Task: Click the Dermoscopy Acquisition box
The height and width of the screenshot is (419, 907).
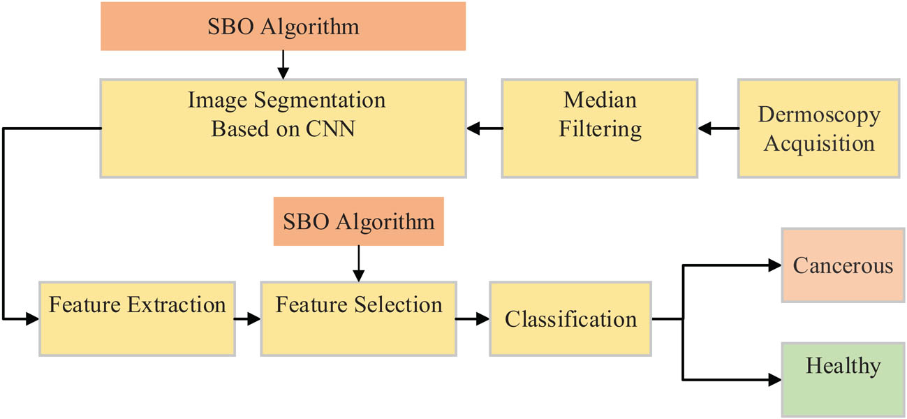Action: pos(818,128)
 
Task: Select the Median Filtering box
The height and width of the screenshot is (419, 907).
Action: pos(600,128)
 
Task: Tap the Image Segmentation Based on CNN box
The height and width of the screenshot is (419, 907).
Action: pos(283,128)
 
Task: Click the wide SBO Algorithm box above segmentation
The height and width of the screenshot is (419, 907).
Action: pos(283,27)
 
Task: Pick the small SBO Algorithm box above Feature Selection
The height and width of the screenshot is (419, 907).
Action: pos(358,222)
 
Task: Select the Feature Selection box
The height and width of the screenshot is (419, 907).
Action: pos(358,319)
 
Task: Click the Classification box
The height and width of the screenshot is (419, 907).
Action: pos(570,319)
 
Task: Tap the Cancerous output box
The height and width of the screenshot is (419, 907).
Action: pos(843,265)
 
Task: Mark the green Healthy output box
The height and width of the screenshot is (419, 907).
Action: pos(843,379)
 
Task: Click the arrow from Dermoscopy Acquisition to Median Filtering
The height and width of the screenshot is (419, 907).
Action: pos(718,128)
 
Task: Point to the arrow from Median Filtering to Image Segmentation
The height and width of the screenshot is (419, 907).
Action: pos(485,128)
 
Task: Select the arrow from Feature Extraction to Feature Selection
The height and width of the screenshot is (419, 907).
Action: pos(246,319)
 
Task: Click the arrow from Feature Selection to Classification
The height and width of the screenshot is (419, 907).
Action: pos(473,319)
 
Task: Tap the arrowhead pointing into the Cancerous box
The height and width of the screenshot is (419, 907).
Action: pos(774,265)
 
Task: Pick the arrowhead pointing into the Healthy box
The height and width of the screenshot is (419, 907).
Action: pos(774,380)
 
